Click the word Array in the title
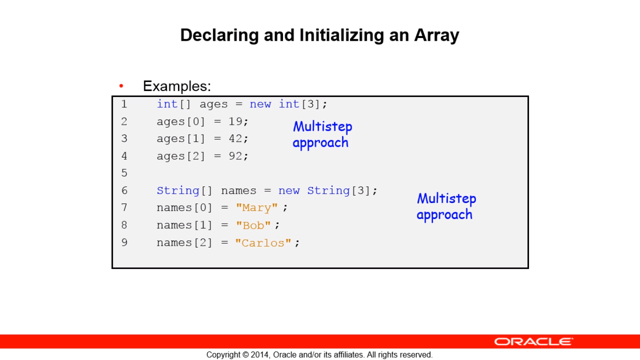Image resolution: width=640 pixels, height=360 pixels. point(437,36)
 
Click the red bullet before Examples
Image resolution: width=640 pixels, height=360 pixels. point(121,86)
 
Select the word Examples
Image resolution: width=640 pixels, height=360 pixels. point(177,86)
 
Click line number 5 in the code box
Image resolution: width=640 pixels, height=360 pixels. point(124,173)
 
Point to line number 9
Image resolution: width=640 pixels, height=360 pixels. point(124,242)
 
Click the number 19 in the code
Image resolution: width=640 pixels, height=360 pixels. point(235,121)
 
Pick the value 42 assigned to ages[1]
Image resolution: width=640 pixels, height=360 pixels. point(235,139)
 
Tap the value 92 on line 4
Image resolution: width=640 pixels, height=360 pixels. point(235,156)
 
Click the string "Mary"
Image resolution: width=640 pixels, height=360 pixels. point(257,208)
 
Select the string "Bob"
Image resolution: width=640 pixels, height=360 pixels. point(253,225)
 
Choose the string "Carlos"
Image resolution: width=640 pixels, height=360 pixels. point(263,243)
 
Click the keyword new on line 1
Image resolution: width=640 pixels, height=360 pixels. point(260,105)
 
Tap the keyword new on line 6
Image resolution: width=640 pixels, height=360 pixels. point(289,191)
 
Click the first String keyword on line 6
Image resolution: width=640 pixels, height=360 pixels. point(178,191)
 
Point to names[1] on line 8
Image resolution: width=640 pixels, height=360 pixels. point(185,225)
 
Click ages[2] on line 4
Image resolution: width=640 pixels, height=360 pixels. point(181,156)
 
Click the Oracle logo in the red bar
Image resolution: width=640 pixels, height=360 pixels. point(534,342)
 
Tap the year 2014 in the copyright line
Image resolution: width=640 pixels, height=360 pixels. point(260,355)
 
